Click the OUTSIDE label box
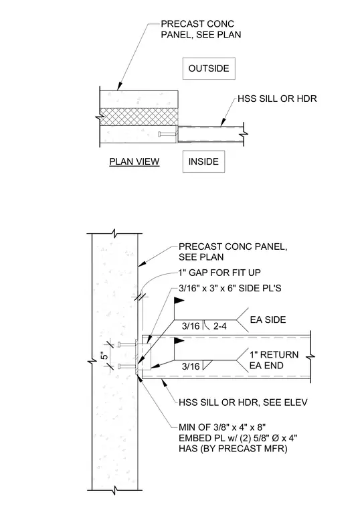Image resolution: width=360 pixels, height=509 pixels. tap(209, 68)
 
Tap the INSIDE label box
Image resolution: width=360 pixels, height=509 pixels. tap(203, 161)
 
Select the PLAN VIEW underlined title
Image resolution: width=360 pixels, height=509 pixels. tap(134, 162)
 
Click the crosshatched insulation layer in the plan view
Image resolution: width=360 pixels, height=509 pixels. tap(139, 117)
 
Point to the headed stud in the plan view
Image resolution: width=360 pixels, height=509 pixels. tap(167, 134)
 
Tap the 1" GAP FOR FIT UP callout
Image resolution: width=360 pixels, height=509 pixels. tap(219, 273)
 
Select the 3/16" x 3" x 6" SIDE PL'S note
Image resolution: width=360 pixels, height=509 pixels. tap(230, 288)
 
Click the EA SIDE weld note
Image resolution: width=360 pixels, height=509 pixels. tap(268, 319)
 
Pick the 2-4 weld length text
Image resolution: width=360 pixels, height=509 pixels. tap(220, 326)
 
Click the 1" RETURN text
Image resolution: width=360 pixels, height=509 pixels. tap(274, 354)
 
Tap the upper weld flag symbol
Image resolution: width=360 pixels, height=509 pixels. tap(179, 301)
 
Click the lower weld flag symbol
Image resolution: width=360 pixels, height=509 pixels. tap(179, 341)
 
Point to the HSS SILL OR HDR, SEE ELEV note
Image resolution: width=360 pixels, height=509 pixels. tap(243, 403)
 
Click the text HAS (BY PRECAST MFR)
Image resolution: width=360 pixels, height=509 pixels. tap(233, 449)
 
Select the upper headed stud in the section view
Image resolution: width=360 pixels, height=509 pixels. tap(127, 344)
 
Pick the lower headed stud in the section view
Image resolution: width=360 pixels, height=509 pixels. tap(127, 366)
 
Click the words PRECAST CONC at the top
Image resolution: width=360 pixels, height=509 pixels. tap(197, 23)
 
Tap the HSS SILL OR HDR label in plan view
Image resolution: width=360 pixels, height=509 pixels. tap(277, 98)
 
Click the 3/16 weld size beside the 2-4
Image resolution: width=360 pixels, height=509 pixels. tap(191, 326)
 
